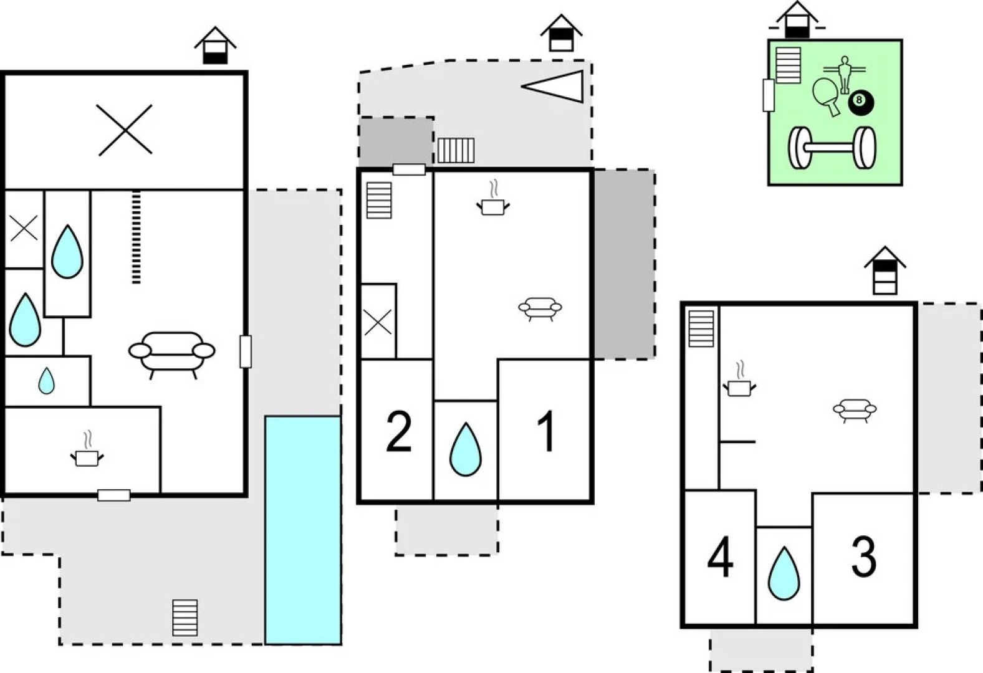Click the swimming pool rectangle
click(303, 530)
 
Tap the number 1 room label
click(546, 432)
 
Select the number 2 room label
click(399, 432)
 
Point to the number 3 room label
click(864, 556)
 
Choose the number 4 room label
click(720, 559)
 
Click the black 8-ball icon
click(861, 102)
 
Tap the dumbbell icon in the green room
click(832, 148)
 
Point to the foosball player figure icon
click(845, 74)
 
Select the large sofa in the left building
click(172, 353)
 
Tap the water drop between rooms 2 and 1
click(466, 450)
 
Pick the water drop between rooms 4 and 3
click(784, 574)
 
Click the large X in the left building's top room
click(125, 130)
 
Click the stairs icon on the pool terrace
click(185, 618)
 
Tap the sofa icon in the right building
click(855, 410)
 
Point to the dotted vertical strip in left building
click(137, 237)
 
